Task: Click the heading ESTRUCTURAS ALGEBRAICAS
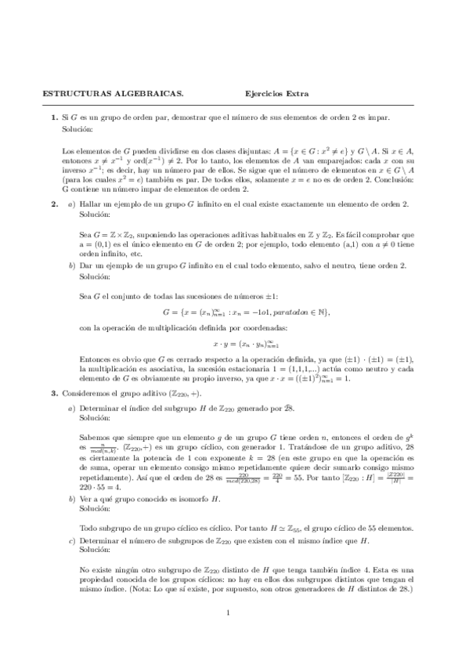(x=112, y=95)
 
